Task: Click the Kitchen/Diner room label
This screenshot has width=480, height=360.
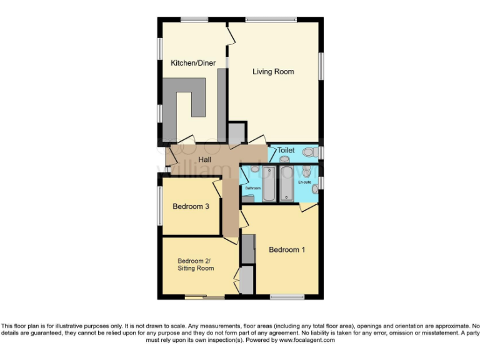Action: click(190, 62)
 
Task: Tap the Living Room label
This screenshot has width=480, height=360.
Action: click(273, 72)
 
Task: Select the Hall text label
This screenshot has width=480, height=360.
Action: click(204, 160)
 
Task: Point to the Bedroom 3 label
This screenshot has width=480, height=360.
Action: click(191, 207)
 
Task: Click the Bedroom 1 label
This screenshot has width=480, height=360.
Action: click(287, 250)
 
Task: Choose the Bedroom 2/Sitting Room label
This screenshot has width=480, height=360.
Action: click(195, 264)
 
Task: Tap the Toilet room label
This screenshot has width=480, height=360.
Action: click(286, 151)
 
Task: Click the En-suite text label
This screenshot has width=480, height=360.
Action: click(304, 182)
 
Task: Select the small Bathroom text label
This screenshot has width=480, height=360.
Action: click(252, 187)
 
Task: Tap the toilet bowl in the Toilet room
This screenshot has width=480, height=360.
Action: click(309, 151)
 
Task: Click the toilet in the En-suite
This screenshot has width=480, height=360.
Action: click(306, 172)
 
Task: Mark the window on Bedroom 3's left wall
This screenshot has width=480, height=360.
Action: click(159, 204)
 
